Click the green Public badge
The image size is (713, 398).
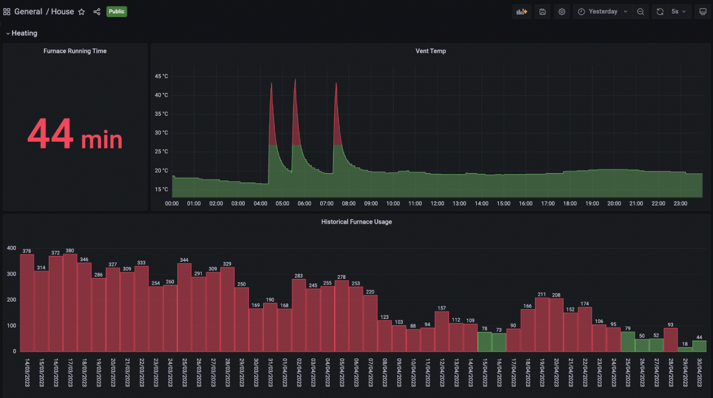[x=116, y=11]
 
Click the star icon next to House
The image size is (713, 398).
[x=82, y=12]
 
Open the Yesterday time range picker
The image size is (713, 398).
[x=603, y=11]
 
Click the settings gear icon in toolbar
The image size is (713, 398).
[x=561, y=12]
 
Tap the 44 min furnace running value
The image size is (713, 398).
[x=75, y=135]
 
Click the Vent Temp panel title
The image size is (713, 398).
[x=430, y=51]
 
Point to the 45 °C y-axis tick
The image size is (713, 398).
[x=161, y=76]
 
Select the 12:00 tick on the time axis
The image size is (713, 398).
[x=437, y=203]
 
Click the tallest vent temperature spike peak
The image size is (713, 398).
[x=295, y=80]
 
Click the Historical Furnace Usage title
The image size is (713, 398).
[x=356, y=222]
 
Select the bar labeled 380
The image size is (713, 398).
[x=70, y=302]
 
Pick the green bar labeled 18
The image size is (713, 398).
[x=685, y=349]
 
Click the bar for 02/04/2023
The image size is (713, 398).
[x=299, y=315]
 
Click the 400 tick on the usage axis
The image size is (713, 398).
[x=11, y=248]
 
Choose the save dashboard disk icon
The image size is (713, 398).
[x=542, y=12]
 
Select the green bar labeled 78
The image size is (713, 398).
[x=485, y=342]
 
